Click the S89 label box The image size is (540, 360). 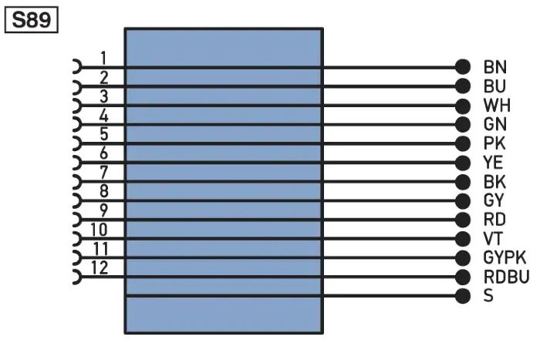[32, 20]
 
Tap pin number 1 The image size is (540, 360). [103, 58]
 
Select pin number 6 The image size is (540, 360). [103, 153]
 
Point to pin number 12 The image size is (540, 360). [100, 267]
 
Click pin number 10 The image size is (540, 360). [100, 230]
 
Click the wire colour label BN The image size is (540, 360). [495, 67]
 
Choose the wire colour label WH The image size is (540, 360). [497, 106]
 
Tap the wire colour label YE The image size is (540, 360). [493, 163]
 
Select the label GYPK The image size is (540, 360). [505, 257]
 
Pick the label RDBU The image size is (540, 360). [506, 277]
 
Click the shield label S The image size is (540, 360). [488, 296]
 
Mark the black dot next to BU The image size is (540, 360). [463, 86]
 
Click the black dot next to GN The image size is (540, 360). [463, 124]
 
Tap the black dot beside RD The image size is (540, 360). [463, 220]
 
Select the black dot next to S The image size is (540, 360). [463, 296]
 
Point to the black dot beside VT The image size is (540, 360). [463, 238]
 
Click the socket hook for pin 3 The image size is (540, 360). [80, 106]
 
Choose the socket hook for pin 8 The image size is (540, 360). [80, 200]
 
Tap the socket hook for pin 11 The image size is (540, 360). [80, 257]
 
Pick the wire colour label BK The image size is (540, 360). [494, 181]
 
